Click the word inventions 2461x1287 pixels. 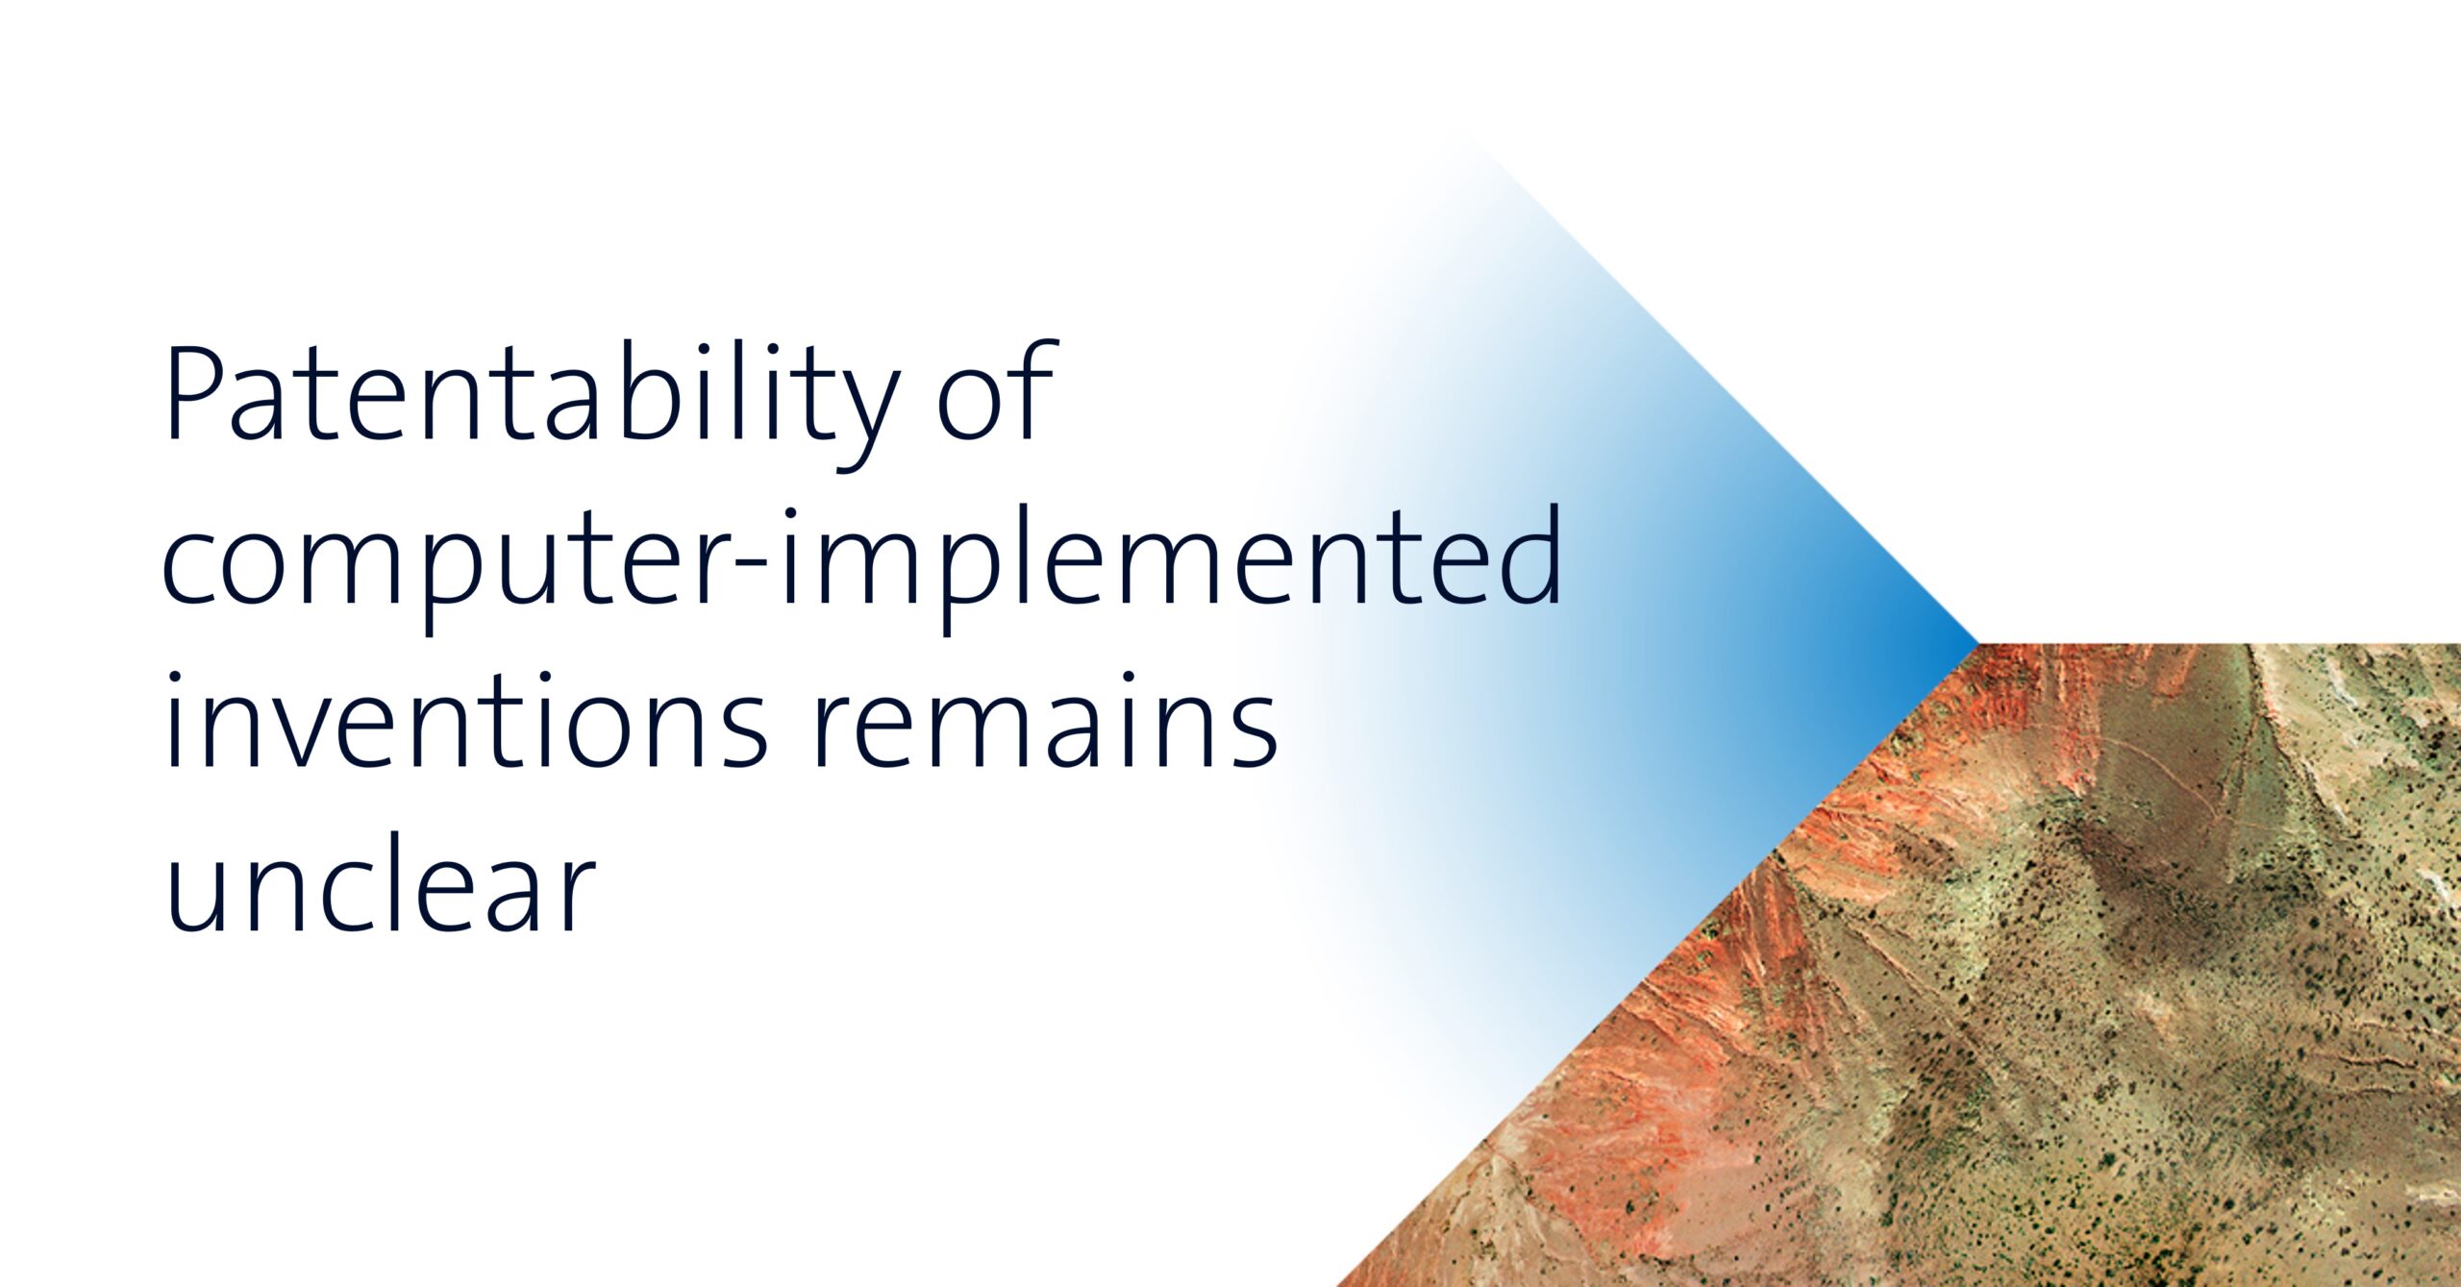tap(467, 721)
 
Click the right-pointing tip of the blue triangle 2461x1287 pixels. tap(1978, 642)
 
